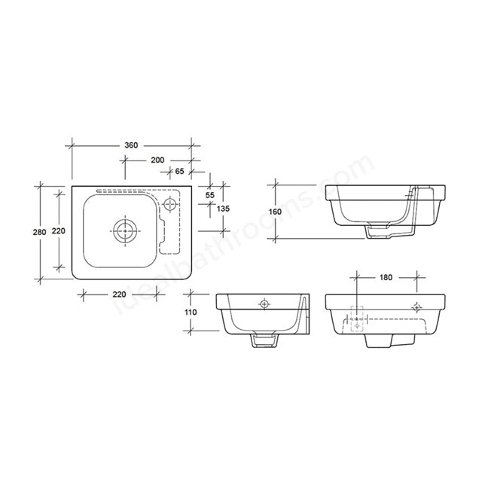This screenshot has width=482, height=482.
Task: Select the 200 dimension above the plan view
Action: click(x=157, y=160)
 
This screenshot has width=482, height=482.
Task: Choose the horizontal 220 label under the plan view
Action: click(x=118, y=294)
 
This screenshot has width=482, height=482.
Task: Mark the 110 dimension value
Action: click(x=191, y=312)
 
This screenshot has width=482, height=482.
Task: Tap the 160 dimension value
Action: click(x=275, y=212)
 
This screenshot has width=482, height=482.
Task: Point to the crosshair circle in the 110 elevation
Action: click(x=264, y=304)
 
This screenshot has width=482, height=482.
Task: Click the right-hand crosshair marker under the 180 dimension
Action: click(x=417, y=306)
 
